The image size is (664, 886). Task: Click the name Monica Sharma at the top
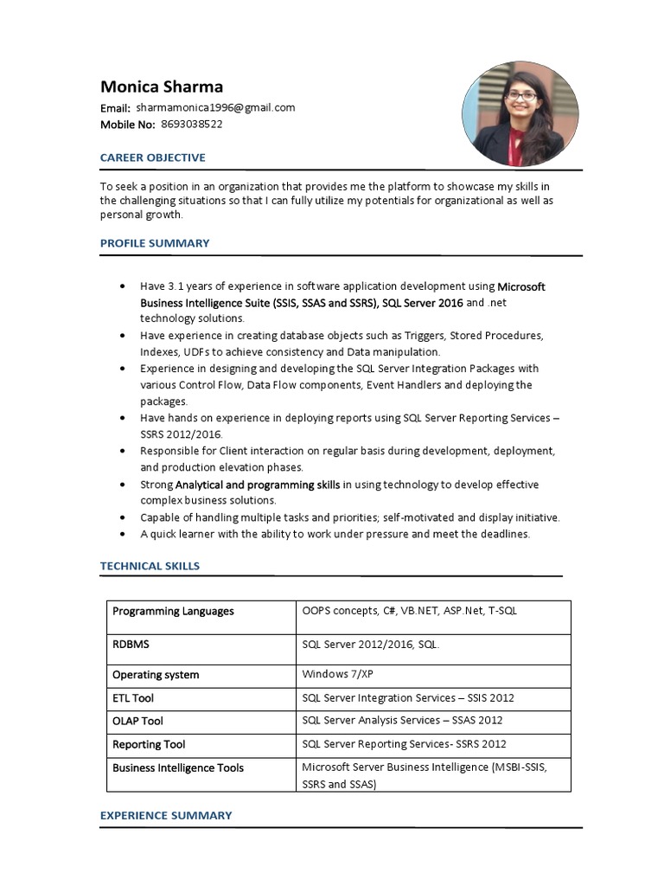(x=162, y=86)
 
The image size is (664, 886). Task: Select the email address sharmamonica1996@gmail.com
(x=215, y=108)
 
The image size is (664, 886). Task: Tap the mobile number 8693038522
(x=191, y=125)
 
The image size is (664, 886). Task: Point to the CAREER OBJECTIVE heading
(x=153, y=157)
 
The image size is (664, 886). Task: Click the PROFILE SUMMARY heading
(x=155, y=243)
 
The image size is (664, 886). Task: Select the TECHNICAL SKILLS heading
(x=150, y=566)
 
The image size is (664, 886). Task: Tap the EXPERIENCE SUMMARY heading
(x=166, y=815)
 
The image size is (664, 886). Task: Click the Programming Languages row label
(x=173, y=611)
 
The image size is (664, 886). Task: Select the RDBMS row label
(x=131, y=645)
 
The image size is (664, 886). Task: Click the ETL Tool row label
(x=133, y=697)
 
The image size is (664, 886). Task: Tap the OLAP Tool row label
(x=137, y=721)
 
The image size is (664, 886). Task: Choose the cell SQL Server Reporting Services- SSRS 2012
(x=404, y=744)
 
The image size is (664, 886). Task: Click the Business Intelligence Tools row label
(x=178, y=767)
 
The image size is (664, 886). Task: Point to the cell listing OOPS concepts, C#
(x=409, y=611)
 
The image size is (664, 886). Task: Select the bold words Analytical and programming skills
(x=258, y=485)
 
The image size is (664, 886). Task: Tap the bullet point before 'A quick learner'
(x=122, y=534)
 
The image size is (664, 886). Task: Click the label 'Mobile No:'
(x=128, y=125)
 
